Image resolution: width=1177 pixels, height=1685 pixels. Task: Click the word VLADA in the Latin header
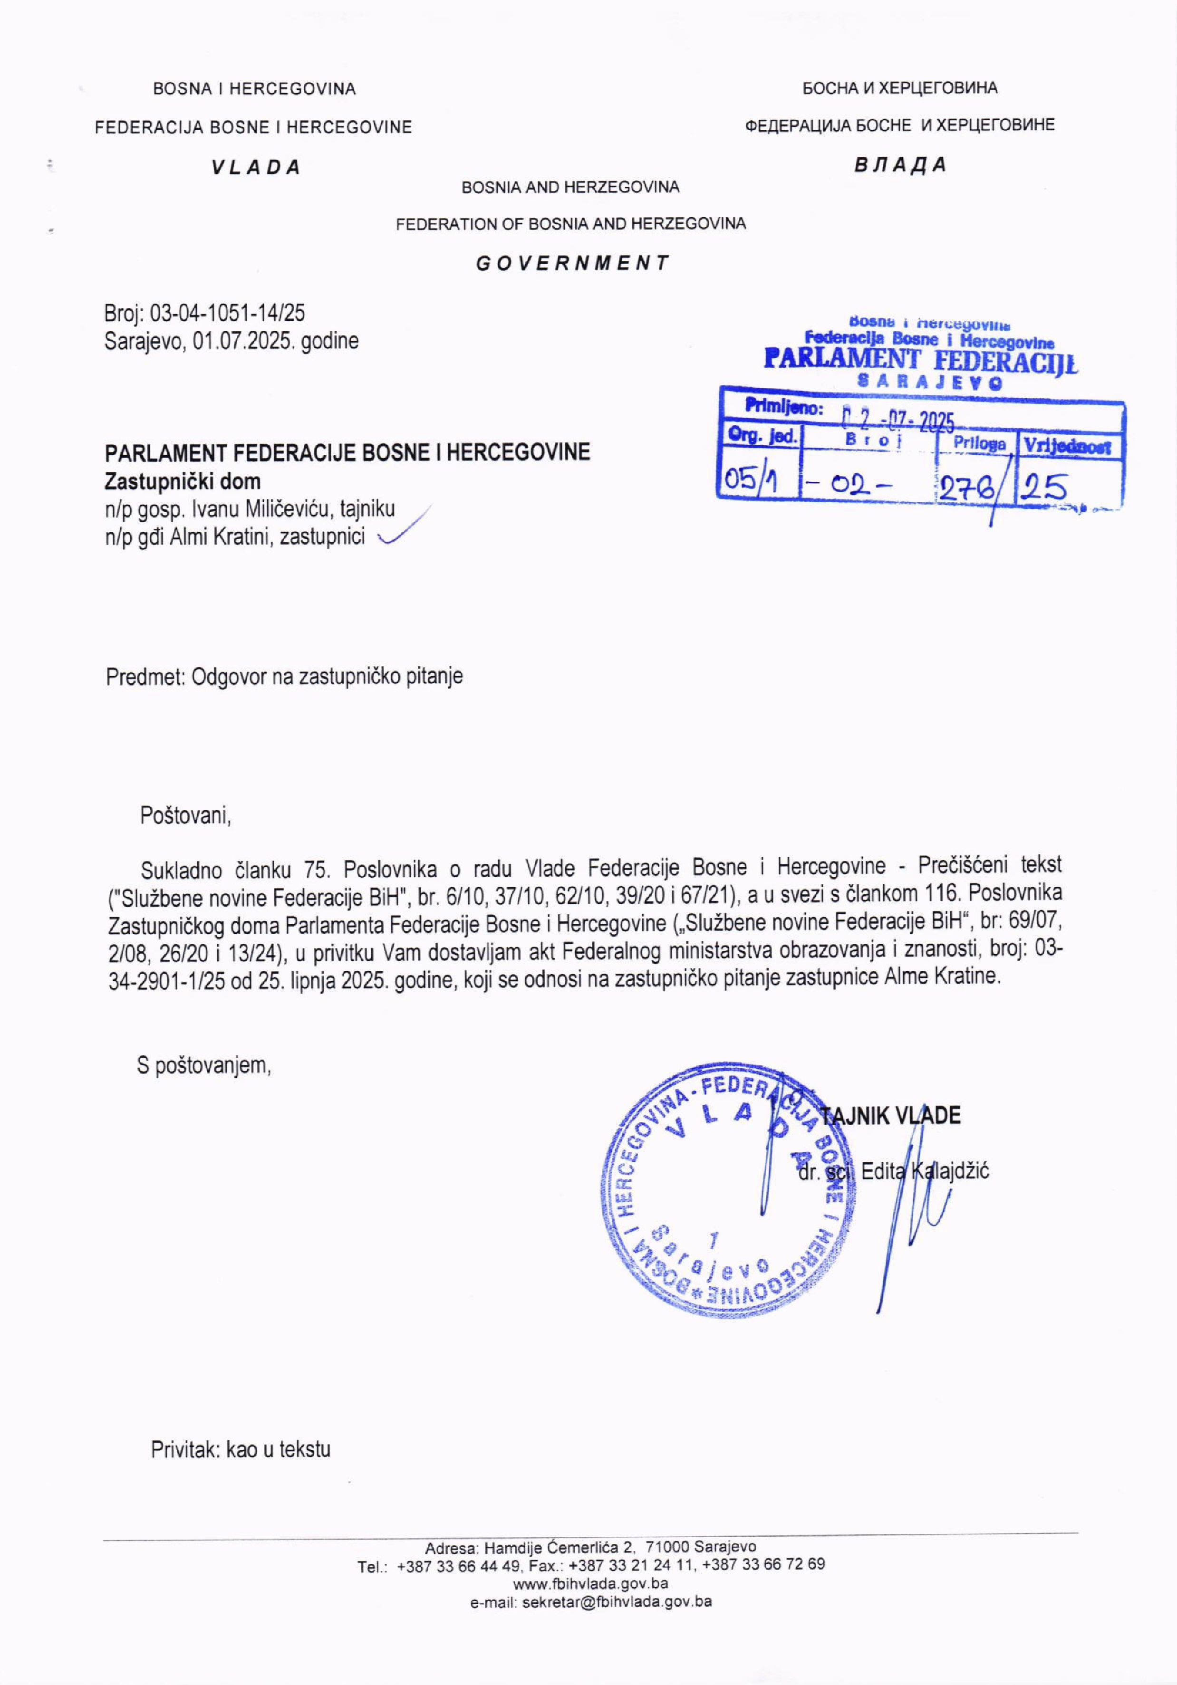[x=256, y=167]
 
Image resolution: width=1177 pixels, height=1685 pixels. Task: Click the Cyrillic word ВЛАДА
[x=900, y=164]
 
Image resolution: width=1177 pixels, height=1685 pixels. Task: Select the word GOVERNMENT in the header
[x=572, y=263]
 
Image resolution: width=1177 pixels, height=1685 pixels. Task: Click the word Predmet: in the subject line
[x=145, y=676]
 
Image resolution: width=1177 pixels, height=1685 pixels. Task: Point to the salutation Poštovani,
[x=185, y=815]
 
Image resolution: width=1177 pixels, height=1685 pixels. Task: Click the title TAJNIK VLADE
[x=890, y=1116]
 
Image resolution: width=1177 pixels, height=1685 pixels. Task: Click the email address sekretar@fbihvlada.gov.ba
[x=617, y=1602]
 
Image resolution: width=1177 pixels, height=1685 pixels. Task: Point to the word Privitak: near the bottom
[x=186, y=1449]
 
